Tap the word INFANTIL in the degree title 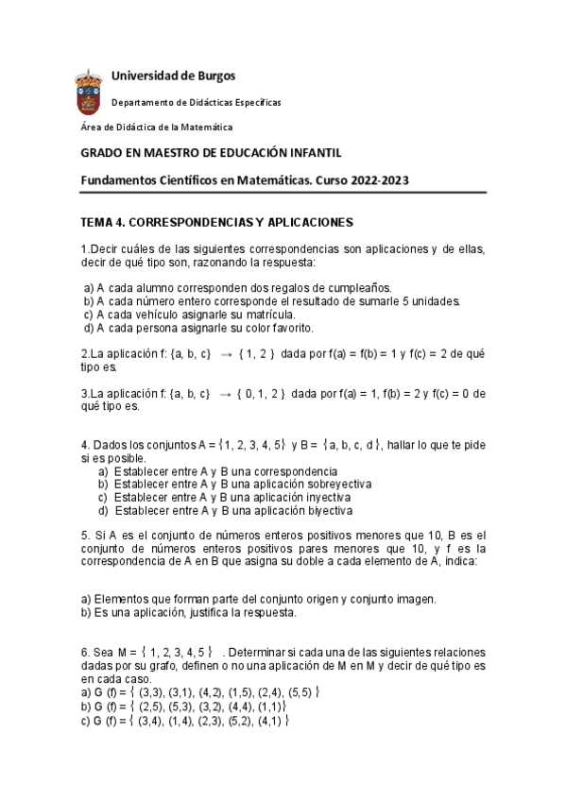[313, 153]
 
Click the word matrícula [268, 315]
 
